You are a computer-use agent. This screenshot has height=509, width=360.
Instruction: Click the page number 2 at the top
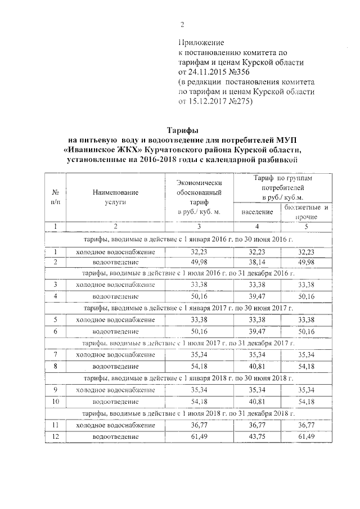pyautogui.click(x=182, y=24)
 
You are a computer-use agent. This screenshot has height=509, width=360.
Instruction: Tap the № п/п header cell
pyautogui.click(x=56, y=196)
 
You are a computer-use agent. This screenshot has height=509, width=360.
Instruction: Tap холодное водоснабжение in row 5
pyautogui.click(x=115, y=320)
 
